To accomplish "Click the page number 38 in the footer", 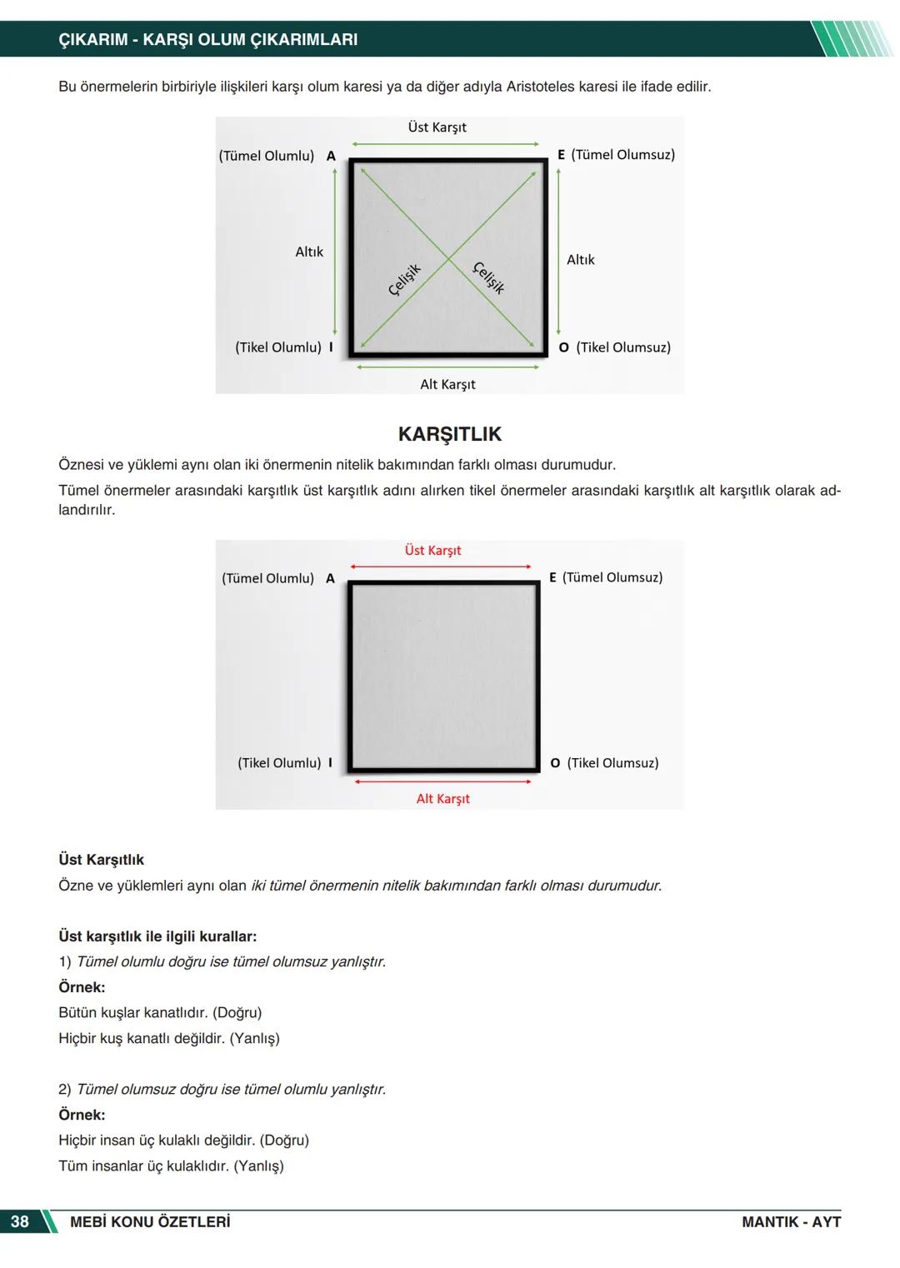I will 19,1221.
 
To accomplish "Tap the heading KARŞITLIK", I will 450,434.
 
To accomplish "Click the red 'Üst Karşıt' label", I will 432,551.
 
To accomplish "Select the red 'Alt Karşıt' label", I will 442,799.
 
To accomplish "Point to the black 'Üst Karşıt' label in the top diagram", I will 437,127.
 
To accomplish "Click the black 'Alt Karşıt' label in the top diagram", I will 447,384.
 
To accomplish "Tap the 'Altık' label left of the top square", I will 309,252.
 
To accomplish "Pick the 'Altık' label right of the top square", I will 581,260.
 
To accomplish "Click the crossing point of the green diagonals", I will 448,257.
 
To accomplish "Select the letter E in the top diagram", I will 562,155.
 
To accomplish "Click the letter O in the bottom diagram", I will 555,763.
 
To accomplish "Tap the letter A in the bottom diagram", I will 330,578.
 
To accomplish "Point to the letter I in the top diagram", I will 331,347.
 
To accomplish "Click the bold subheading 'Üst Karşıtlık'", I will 101,860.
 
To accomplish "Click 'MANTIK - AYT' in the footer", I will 791,1222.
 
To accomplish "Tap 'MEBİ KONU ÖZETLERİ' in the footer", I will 150,1222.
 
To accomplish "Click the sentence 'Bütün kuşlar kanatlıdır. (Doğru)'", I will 160,1013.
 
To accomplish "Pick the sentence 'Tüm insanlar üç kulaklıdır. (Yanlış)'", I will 171,1166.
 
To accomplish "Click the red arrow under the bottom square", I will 442,781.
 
